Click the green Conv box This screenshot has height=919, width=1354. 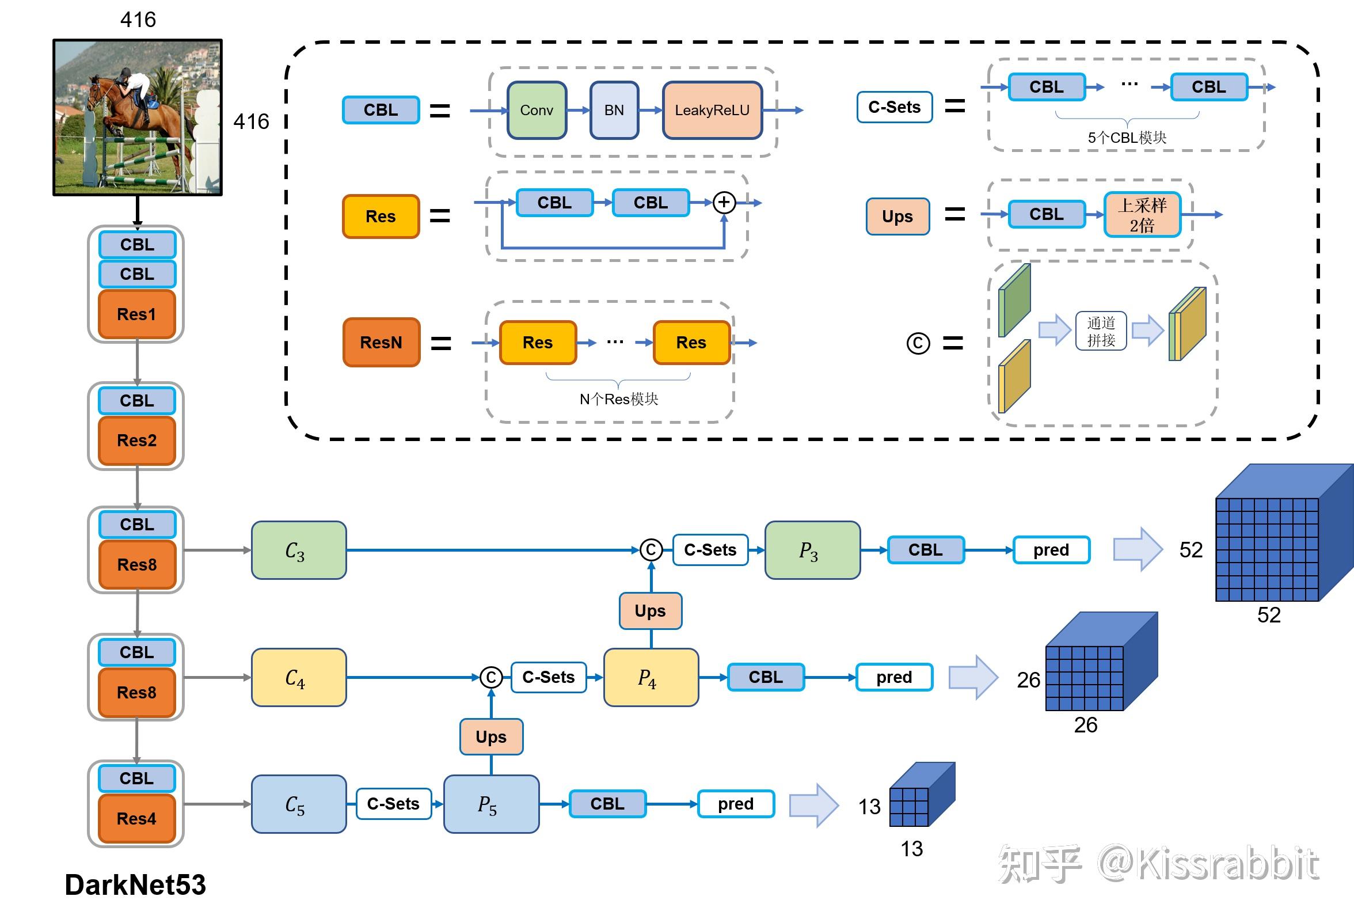coord(537,110)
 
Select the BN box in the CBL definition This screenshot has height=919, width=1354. coord(614,110)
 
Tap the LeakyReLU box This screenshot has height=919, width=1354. coord(712,110)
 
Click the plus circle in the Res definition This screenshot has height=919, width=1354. coord(724,202)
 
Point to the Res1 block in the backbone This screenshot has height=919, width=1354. coord(137,314)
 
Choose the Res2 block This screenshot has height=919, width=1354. coord(137,440)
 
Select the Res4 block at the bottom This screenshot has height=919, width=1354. coord(137,818)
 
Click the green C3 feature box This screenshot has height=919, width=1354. coord(299,550)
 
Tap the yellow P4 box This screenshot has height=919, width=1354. coord(651,677)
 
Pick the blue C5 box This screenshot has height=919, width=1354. coord(299,804)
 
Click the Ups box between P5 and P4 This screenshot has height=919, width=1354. coord(491,736)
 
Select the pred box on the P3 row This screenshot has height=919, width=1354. coord(1051,550)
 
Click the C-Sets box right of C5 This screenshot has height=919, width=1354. coord(393,804)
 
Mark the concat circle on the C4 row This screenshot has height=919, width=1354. coord(491,677)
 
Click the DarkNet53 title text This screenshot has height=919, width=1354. coord(135,884)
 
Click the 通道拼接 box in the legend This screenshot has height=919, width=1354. coord(1101,331)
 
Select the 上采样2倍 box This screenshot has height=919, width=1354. coord(1142,214)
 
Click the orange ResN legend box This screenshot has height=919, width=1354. coord(381,342)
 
